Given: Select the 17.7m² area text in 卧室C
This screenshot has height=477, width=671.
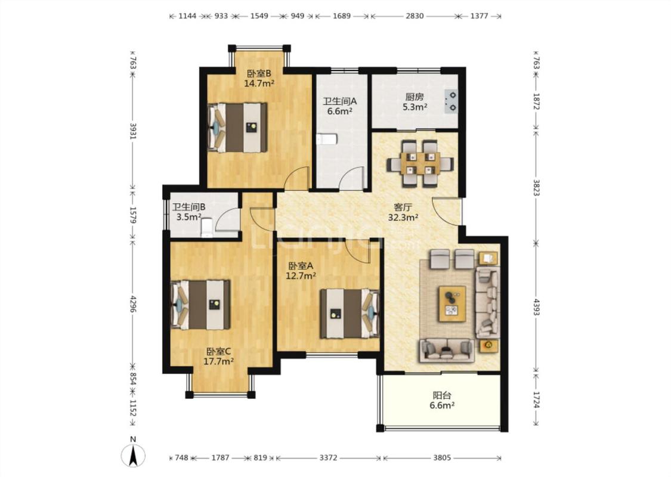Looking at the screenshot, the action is click(x=218, y=361).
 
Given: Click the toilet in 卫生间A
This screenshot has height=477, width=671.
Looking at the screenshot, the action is click(x=327, y=139).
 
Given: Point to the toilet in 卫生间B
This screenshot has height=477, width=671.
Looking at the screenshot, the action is click(x=207, y=227).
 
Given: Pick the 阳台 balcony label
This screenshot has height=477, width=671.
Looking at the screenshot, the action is click(x=441, y=395).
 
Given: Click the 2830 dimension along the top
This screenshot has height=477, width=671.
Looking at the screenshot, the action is click(x=415, y=16).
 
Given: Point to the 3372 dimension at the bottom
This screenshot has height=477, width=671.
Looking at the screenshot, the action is click(x=328, y=458).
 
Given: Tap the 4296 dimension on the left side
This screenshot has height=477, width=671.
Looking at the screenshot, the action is click(x=132, y=303).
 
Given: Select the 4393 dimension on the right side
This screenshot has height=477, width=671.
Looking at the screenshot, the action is click(x=536, y=306).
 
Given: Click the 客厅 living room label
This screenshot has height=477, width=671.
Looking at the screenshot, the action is click(x=403, y=207).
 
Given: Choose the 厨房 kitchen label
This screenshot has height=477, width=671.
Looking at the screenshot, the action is click(x=415, y=97).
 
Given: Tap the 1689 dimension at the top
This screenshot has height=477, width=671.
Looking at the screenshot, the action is click(x=342, y=16).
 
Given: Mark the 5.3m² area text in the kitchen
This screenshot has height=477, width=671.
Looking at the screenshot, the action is click(x=415, y=107).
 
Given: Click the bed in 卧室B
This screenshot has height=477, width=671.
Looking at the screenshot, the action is click(x=237, y=128).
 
